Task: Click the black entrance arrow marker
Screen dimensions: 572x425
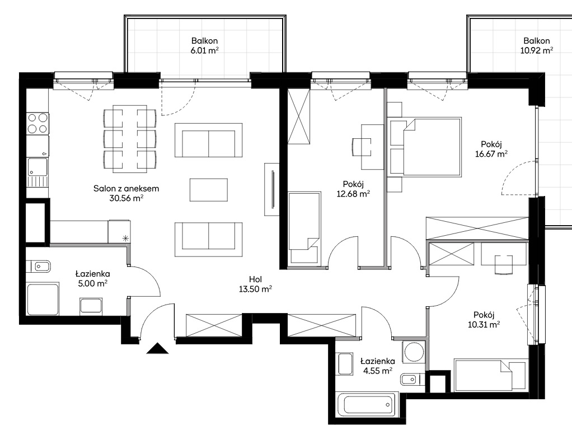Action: (x=158, y=349)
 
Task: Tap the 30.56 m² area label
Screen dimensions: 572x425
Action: (x=126, y=198)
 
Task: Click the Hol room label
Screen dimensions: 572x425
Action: (x=255, y=279)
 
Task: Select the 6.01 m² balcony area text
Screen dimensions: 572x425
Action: (x=205, y=50)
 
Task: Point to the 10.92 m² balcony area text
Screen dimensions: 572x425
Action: (x=537, y=50)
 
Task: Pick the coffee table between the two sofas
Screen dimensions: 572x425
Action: (x=209, y=190)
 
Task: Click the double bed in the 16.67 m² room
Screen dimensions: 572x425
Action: (x=425, y=147)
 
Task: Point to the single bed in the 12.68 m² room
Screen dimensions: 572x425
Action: (x=305, y=228)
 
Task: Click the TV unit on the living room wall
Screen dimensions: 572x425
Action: (x=272, y=189)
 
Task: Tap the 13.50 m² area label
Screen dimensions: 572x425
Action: (x=255, y=289)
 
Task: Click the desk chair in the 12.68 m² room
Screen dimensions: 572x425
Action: (x=362, y=147)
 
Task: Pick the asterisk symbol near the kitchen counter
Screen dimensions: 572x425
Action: (x=125, y=239)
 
